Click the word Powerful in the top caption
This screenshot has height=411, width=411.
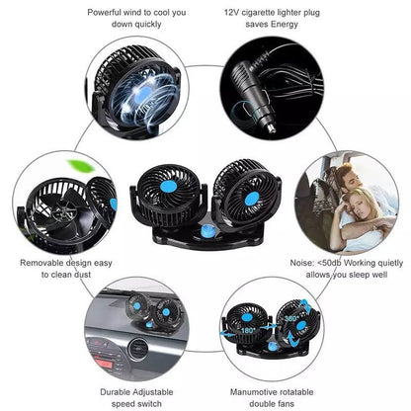pyautogui.click(x=104, y=13)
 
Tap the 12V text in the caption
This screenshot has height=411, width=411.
pyautogui.click(x=231, y=13)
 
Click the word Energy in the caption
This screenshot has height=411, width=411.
pyautogui.click(x=285, y=25)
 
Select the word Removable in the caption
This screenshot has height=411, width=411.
pyautogui.click(x=41, y=263)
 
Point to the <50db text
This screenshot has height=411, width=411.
pyautogui.click(x=330, y=263)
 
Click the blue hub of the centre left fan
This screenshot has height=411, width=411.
pyautogui.click(x=168, y=187)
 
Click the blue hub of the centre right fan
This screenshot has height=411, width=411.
pyautogui.click(x=252, y=199)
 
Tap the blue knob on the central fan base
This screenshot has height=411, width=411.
pyautogui.click(x=207, y=230)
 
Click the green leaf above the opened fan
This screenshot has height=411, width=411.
pyautogui.click(x=81, y=165)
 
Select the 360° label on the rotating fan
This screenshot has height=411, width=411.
pyautogui.click(x=291, y=318)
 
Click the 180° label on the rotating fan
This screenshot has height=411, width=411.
pyautogui.click(x=247, y=330)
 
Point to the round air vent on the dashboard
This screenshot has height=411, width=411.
pyautogui.click(x=137, y=350)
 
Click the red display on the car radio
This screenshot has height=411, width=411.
pyautogui.click(x=106, y=364)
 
